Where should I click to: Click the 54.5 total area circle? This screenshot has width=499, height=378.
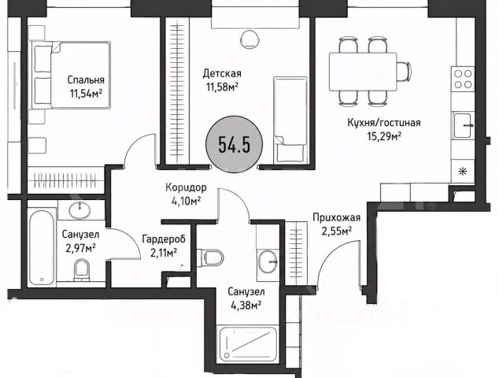(x=235, y=144)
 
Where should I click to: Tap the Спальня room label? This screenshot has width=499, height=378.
(x=86, y=80)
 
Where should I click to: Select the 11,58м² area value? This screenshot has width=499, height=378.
(x=223, y=87)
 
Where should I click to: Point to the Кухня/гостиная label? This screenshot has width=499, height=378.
(x=384, y=123)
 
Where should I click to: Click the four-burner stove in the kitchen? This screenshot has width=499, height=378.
(x=463, y=79)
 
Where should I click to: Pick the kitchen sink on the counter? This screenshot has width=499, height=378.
(x=463, y=125)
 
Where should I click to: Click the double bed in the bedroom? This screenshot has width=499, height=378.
(x=70, y=75)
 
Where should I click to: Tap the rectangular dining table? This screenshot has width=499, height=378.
(x=363, y=72)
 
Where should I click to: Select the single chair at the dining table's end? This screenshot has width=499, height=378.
(x=404, y=72)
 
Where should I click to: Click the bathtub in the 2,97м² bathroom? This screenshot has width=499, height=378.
(x=42, y=247)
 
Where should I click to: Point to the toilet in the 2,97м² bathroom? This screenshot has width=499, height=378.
(x=82, y=270)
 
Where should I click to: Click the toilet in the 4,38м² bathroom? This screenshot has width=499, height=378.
(x=210, y=258)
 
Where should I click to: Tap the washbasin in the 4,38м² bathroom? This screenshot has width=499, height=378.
(x=268, y=261)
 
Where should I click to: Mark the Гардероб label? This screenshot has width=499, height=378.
(x=164, y=239)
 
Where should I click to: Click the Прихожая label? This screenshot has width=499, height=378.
(x=337, y=218)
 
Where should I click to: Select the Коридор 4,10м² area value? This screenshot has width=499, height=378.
(x=186, y=202)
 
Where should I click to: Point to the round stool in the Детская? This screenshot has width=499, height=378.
(x=249, y=39)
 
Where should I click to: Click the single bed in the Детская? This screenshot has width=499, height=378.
(x=290, y=120)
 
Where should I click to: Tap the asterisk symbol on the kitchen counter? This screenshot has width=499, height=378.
(x=461, y=172)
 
